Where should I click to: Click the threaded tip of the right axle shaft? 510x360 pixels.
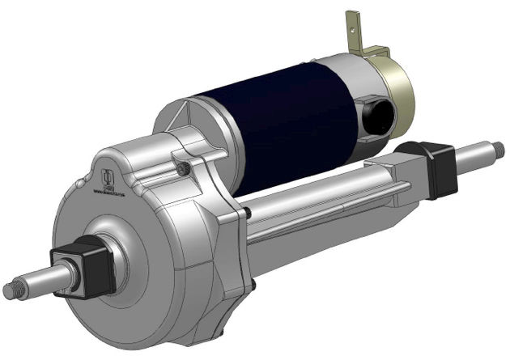[x=496, y=150]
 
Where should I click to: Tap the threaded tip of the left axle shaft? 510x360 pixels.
[x=11, y=290]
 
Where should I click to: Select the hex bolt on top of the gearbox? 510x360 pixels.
[x=185, y=167]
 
